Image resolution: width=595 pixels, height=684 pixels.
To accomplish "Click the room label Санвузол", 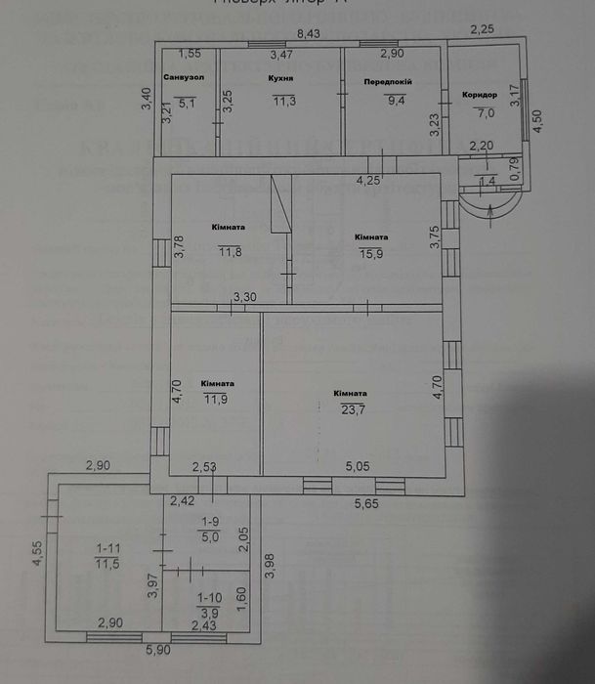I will (183, 77).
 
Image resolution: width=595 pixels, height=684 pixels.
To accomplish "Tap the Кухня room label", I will (280, 77).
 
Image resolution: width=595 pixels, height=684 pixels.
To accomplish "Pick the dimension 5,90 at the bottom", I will (157, 650).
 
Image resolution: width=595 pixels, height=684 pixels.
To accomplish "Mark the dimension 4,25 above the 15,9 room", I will (368, 180).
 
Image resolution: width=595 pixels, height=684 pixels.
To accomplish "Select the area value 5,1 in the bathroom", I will (183, 99).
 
